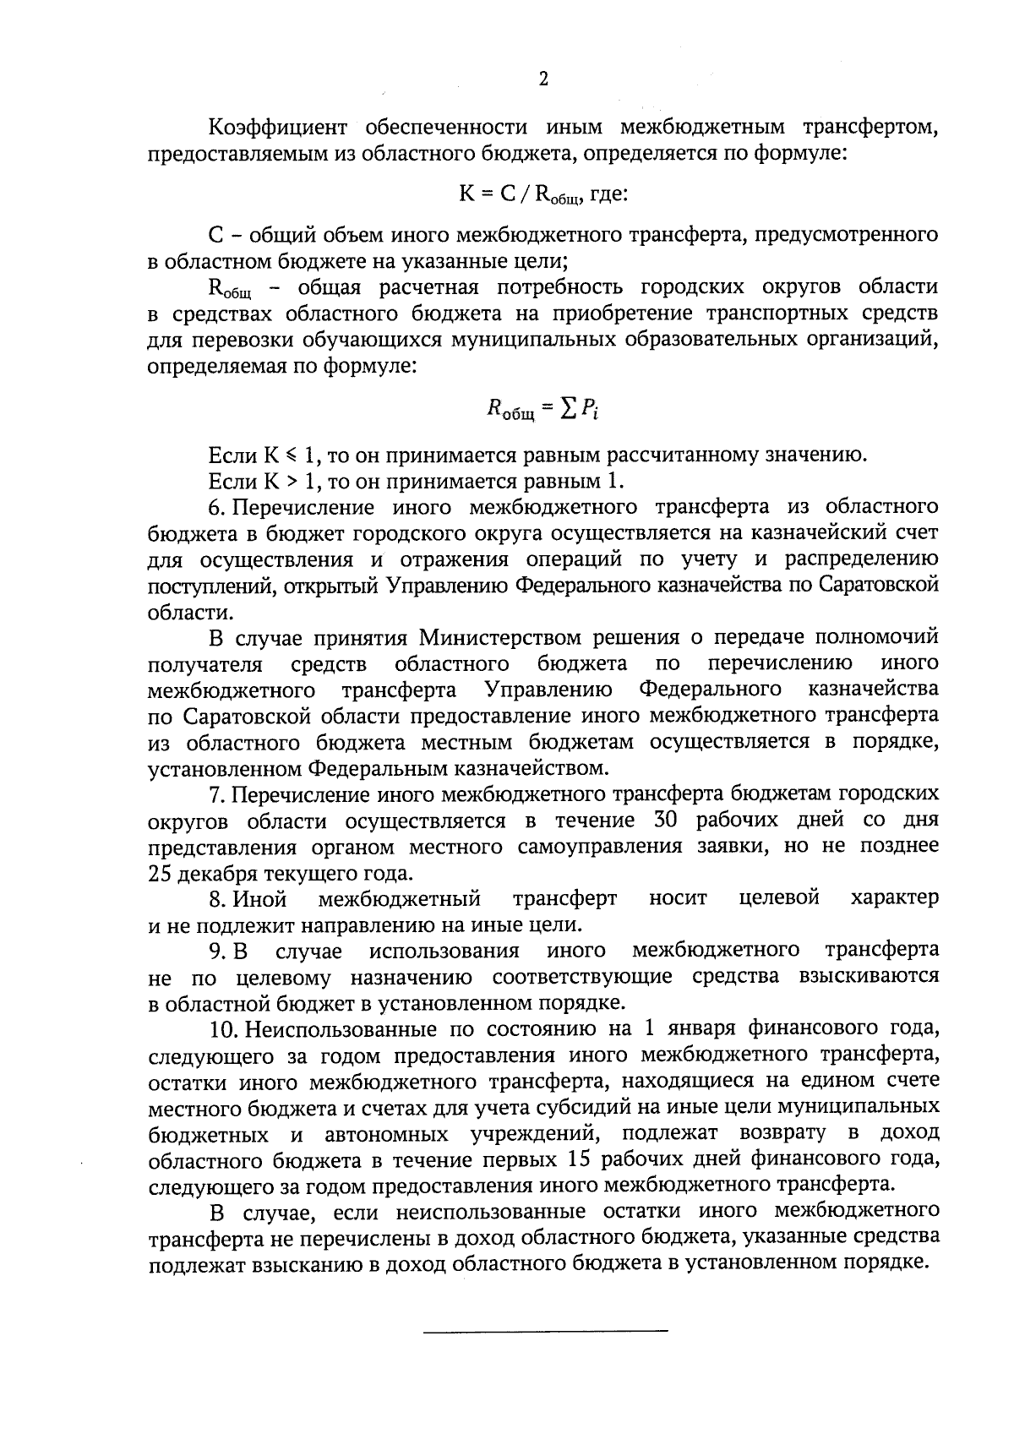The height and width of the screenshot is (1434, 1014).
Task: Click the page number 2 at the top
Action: click(x=542, y=79)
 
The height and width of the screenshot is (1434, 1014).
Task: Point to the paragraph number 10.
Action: click(x=222, y=1029)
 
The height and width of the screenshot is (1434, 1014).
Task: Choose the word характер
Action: click(x=895, y=898)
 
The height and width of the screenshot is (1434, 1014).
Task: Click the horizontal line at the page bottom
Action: click(x=545, y=1333)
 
